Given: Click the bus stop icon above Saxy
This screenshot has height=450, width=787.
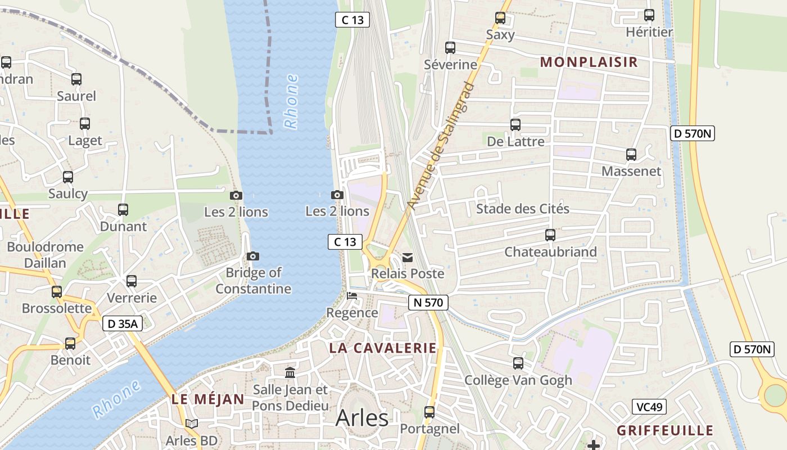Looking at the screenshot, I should (x=500, y=18).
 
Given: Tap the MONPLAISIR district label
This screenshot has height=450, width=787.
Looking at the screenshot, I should (x=589, y=62).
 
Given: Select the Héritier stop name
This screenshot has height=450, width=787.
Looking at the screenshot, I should (x=649, y=32).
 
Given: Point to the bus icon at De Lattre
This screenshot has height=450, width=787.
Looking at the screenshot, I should (x=515, y=125).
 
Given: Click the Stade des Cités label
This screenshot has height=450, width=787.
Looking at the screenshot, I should (x=523, y=209).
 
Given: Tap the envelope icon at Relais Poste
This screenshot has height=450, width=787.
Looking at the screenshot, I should (x=408, y=258).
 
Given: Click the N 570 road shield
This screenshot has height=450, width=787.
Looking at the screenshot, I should (x=428, y=303).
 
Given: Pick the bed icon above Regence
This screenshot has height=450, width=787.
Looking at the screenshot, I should (x=352, y=296).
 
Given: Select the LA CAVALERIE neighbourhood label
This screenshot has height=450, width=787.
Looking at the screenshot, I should (x=383, y=348).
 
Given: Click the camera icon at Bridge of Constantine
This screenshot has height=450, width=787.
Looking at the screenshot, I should (x=253, y=256).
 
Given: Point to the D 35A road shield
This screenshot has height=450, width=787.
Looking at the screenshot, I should (x=122, y=323).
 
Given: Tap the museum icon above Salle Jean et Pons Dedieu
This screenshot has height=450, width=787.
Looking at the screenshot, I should (x=290, y=372).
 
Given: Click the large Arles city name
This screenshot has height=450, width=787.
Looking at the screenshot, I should (x=362, y=418).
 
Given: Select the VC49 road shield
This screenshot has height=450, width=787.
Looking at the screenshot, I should (x=649, y=407).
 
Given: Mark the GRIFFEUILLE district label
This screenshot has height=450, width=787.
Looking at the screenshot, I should (x=665, y=431).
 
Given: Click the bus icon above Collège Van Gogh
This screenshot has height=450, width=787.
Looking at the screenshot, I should (x=518, y=363).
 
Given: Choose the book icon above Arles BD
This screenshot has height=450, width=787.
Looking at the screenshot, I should (x=192, y=424).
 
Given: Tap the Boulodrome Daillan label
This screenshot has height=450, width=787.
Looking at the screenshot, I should (x=45, y=255).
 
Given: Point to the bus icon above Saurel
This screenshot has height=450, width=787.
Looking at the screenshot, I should (x=76, y=79).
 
